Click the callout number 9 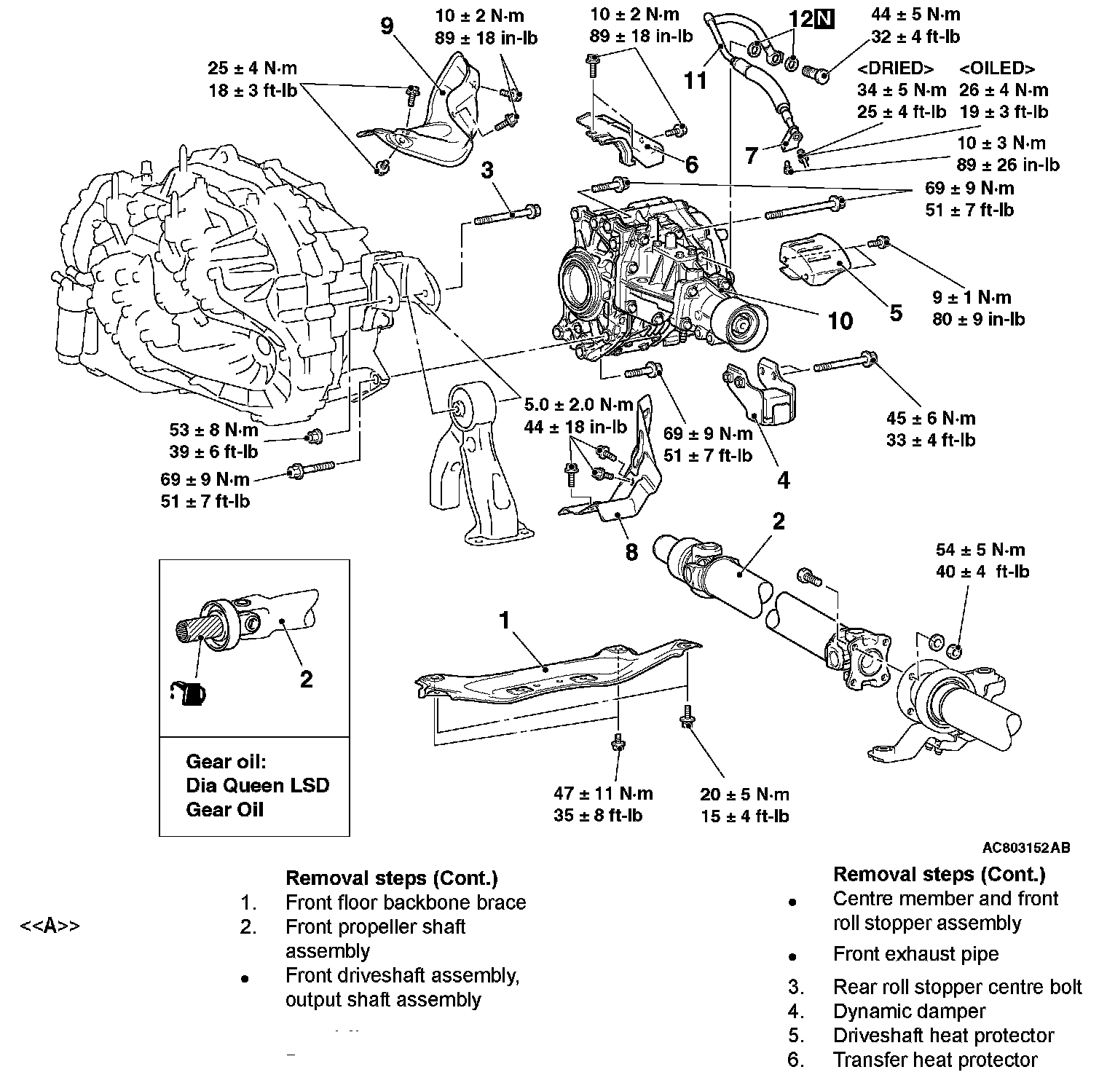coord(387,27)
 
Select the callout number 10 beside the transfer coord(840,320)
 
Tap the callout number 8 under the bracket coord(631,552)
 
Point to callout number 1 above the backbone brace coord(505,621)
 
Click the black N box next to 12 coord(824,18)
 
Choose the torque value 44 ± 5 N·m coord(915,14)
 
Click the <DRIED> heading coord(896,68)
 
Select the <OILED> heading coord(997,68)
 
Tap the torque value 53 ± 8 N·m coord(214,430)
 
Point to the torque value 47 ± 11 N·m coord(603,793)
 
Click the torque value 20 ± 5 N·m coord(744,794)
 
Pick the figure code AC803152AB coord(1025,848)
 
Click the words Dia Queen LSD coord(258,786)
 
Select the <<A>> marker coord(50,926)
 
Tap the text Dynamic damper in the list coord(909,1012)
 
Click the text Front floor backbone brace coord(405,902)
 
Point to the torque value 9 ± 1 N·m coord(972,297)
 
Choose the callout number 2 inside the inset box coord(307,679)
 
